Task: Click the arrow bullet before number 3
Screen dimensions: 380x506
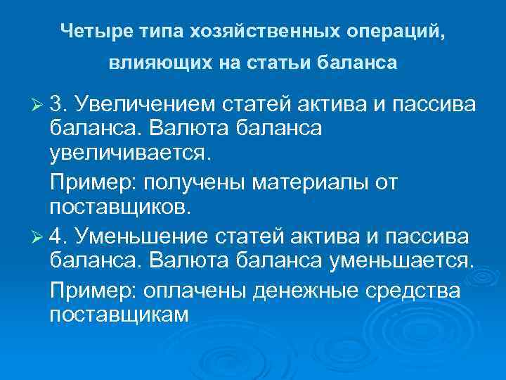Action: [38, 106]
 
